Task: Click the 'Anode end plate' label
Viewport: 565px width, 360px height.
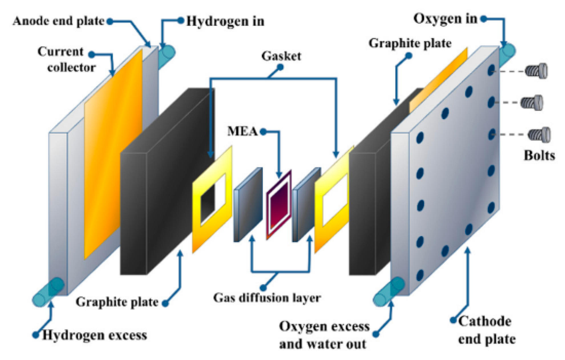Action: coord(58,21)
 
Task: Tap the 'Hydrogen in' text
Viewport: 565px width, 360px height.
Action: coord(225,21)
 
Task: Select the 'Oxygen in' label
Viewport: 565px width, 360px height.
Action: coord(445,19)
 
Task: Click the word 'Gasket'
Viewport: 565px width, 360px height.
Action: coord(281,56)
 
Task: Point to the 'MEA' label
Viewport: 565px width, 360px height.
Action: coord(242,131)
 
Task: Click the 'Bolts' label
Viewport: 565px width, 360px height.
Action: coord(539,156)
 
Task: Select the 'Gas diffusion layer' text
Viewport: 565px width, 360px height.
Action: coord(267,298)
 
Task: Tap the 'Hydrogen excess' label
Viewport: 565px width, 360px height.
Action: coord(94,335)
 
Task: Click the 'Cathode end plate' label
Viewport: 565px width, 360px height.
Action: coord(487,330)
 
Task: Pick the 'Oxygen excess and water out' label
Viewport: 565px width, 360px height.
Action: coord(324,335)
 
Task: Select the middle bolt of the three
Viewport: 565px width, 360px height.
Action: coord(532,103)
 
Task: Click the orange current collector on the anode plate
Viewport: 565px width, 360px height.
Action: coord(113,154)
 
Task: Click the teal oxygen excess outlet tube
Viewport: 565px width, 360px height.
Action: coord(388,292)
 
